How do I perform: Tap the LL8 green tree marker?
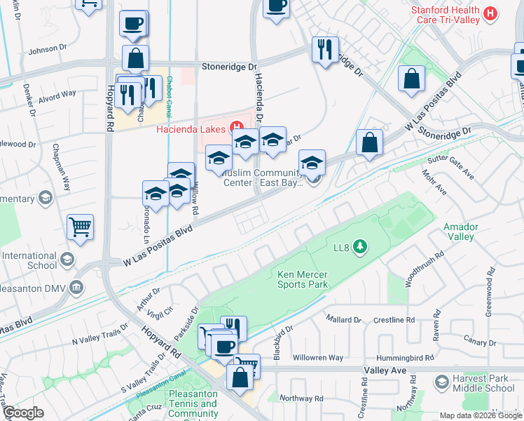point(360,246)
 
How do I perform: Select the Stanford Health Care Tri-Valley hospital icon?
point(491,13)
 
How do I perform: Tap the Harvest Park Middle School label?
point(483,383)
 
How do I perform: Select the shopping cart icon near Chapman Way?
point(81,227)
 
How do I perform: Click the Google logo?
point(24,413)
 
